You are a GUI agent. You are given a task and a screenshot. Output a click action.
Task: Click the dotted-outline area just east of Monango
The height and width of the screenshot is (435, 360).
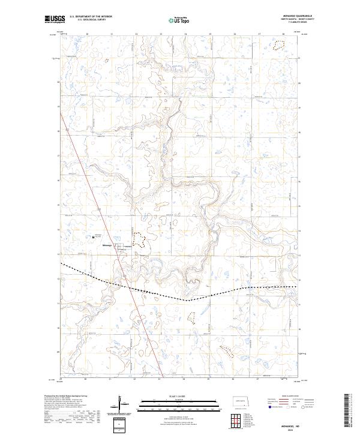139,239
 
